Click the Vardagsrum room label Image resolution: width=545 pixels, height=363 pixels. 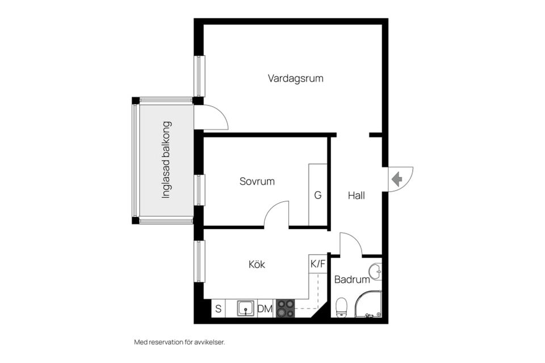click(295, 78)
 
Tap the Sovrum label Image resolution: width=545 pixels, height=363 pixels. click(257, 181)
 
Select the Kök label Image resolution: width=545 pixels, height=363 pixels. click(257, 264)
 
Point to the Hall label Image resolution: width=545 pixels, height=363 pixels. click(357, 196)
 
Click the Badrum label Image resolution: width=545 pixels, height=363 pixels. click(352, 279)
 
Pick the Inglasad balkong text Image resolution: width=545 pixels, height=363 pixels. click(166, 160)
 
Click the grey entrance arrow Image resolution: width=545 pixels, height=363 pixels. click(397, 179)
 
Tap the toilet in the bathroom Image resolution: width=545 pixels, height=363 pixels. click(341, 307)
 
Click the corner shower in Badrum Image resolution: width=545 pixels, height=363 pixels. click(368, 304)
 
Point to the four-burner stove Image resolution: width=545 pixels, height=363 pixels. click(285, 309)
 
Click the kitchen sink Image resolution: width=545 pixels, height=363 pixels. click(246, 309)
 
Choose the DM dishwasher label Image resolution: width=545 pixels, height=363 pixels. click(265, 309)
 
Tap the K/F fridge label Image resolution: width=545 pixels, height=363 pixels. click(318, 264)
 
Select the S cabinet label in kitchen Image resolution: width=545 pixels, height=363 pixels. click(218, 309)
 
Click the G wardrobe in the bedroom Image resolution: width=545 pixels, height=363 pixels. click(318, 195)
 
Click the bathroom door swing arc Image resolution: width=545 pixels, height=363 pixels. click(354, 238)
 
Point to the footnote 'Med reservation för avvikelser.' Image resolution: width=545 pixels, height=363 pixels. click(180, 342)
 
